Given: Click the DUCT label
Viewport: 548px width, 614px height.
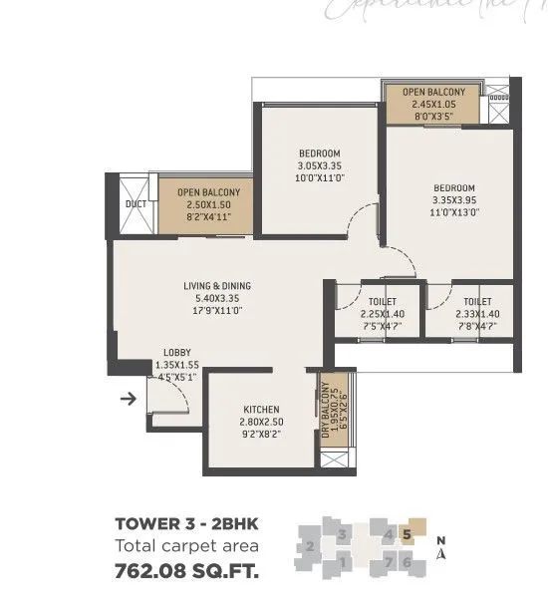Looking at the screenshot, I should click(135, 205).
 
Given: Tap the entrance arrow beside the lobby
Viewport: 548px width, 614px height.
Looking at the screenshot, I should click(128, 401).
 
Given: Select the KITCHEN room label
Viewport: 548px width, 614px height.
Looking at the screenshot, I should click(261, 410).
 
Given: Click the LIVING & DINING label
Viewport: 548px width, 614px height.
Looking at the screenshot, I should click(216, 286).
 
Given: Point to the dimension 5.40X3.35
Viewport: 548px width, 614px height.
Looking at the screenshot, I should click(216, 298).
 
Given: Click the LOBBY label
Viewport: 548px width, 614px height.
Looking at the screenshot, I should click(177, 353).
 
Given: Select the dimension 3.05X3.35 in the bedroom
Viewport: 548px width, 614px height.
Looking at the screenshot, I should click(320, 165).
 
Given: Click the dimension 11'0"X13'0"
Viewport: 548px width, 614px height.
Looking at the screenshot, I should click(453, 212).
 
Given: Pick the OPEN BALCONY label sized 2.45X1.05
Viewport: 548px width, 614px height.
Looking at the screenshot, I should click(433, 93).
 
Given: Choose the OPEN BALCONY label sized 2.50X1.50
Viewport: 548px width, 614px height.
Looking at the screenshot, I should click(208, 192).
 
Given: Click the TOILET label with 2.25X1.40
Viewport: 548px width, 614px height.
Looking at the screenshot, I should click(382, 301).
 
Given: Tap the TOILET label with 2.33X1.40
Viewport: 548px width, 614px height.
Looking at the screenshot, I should click(477, 301).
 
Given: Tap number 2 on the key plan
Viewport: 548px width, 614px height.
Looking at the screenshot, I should click(311, 546).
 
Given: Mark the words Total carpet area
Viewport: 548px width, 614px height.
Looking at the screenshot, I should click(187, 546).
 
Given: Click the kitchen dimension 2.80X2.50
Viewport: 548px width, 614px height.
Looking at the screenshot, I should click(261, 422).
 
